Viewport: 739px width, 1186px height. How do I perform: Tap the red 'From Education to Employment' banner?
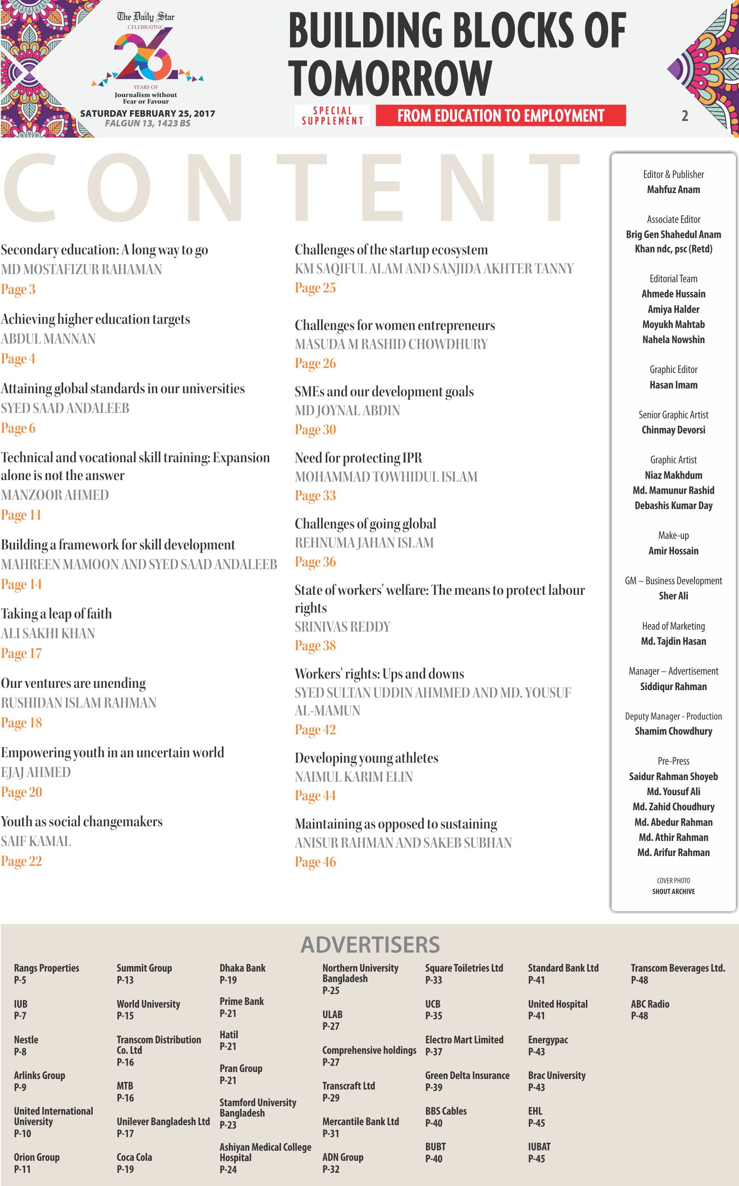(x=500, y=116)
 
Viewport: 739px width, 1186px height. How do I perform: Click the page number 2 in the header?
(x=685, y=116)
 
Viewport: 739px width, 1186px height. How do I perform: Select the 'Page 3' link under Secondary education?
(x=18, y=290)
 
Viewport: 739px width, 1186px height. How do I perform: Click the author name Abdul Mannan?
(x=48, y=338)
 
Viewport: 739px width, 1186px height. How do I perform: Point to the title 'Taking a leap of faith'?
(x=56, y=614)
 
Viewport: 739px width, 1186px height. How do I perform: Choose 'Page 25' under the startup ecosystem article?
(x=315, y=288)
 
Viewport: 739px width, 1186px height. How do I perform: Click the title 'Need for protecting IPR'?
(x=358, y=458)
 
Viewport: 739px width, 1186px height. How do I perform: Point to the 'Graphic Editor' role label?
(x=673, y=369)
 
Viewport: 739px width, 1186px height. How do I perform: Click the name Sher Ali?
(x=673, y=596)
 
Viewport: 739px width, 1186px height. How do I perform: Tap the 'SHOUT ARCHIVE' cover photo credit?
(x=673, y=891)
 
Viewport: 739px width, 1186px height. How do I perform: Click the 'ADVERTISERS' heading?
(x=370, y=945)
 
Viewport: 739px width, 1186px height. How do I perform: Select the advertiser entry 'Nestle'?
(x=26, y=1040)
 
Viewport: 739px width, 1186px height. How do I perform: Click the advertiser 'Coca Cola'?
(x=134, y=1157)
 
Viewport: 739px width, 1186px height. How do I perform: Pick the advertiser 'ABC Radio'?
(x=650, y=1004)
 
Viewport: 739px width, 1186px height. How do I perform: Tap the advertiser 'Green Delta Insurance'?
(x=467, y=1076)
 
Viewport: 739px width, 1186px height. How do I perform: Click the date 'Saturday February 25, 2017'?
(x=148, y=114)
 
